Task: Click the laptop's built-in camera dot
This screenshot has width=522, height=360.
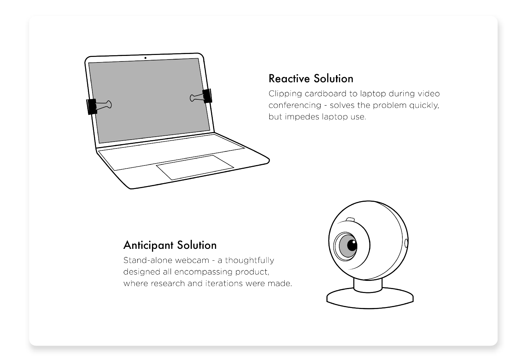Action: click(x=145, y=58)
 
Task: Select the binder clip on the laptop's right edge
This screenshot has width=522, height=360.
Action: click(x=201, y=96)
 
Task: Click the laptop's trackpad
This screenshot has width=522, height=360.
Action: click(x=195, y=167)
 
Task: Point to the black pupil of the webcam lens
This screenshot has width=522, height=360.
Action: click(x=352, y=245)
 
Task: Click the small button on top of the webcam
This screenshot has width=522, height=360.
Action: click(x=350, y=220)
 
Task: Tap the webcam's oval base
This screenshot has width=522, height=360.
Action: click(x=370, y=299)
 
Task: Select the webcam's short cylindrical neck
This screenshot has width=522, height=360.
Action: click(x=368, y=285)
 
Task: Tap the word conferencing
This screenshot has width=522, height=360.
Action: click(x=295, y=106)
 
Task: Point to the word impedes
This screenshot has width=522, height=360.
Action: click(x=302, y=117)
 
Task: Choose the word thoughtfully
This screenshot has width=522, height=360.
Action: click(x=249, y=261)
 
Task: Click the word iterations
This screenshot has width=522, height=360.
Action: click(x=224, y=283)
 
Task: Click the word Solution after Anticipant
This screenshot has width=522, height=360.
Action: click(x=197, y=245)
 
